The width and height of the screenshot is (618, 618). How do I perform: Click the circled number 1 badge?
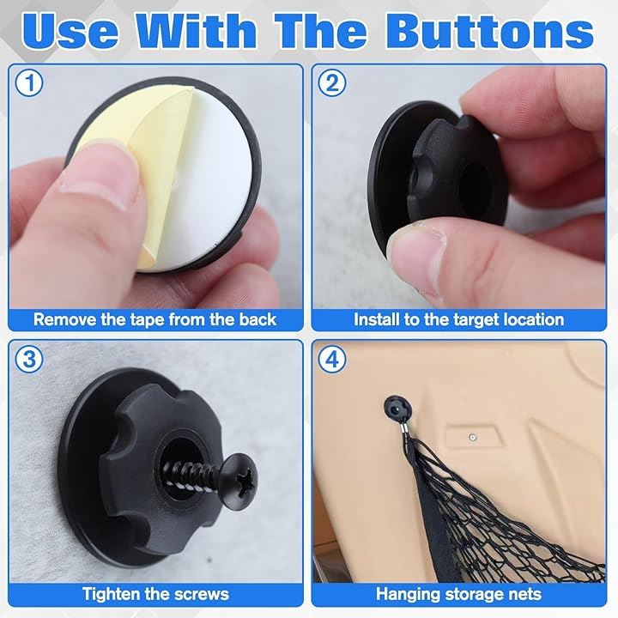[29, 83]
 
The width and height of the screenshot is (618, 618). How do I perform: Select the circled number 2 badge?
[332, 83]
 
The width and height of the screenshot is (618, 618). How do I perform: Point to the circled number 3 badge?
[29, 359]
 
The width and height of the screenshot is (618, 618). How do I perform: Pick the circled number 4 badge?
[332, 359]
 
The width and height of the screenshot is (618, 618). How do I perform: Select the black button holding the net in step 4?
[398, 412]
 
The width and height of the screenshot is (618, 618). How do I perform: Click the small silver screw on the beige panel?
[473, 437]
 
